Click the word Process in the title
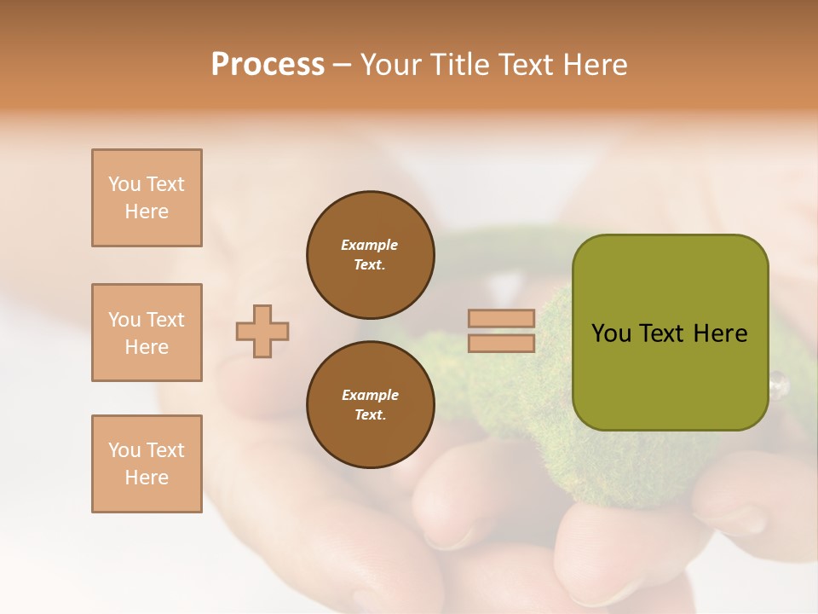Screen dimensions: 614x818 pos(268,65)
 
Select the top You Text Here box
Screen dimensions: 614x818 pos(147,198)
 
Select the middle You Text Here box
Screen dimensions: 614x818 pos(147,333)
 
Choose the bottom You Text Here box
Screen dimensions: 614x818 pos(147,463)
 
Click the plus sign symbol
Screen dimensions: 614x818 pos(262,331)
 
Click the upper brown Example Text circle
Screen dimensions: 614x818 pos(370,255)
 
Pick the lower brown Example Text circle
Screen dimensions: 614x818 pos(370,404)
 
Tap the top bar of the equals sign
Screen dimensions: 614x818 pos(502,319)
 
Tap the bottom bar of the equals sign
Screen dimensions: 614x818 pos(502,343)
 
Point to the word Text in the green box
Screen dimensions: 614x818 pos(662,333)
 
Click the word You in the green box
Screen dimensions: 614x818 pos(612,333)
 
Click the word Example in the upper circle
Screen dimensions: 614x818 pos(370,245)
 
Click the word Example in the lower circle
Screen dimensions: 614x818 pos(370,395)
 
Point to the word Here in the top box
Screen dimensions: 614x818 pos(147,211)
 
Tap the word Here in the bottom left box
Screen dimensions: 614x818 pos(147,478)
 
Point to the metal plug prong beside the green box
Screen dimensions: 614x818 pos(778,384)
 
